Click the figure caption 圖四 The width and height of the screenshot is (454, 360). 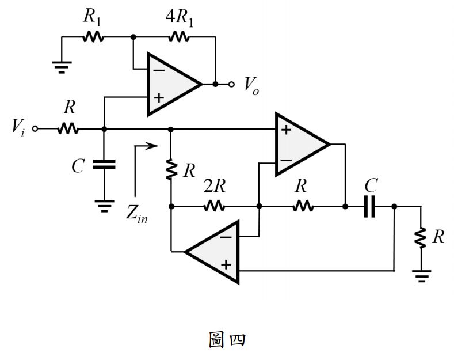[226, 340]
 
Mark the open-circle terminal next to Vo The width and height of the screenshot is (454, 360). [231, 84]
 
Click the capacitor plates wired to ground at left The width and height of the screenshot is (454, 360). [104, 165]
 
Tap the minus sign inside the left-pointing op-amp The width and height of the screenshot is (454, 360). [226, 237]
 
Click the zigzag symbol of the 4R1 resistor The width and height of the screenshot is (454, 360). [178, 37]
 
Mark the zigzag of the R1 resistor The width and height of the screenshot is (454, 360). [93, 37]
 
